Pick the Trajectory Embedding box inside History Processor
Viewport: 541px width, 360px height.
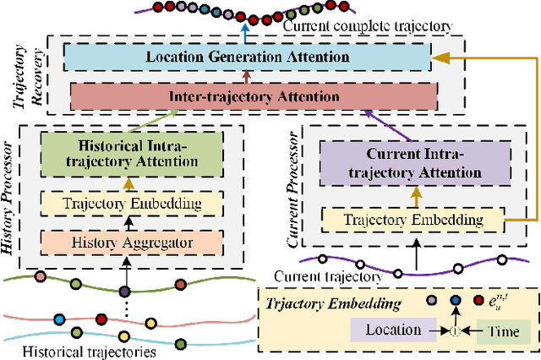[125, 203]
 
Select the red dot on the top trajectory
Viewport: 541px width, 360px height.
[239, 16]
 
